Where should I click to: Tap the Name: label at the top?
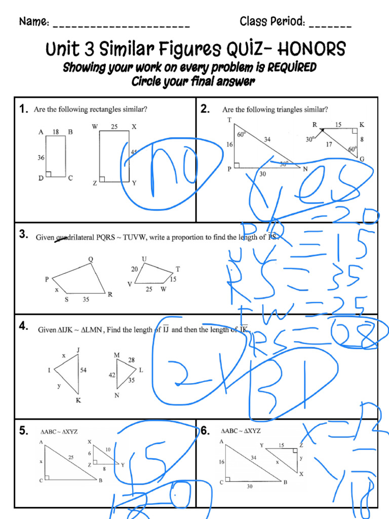tap(34, 22)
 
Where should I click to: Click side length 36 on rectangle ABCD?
tap(41, 158)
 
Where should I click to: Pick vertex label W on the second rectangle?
tap(95, 127)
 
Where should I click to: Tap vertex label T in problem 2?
tap(229, 120)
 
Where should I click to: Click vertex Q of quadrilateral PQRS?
tap(91, 259)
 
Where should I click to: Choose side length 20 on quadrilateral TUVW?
tap(134, 269)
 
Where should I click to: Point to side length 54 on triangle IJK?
tap(83, 370)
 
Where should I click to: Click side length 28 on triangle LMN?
tap(131, 359)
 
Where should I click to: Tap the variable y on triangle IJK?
tap(59, 386)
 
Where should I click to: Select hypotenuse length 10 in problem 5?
tap(108, 450)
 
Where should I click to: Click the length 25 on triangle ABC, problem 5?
tap(71, 457)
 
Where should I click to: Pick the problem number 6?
tap(205, 431)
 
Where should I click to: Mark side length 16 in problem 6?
tap(221, 462)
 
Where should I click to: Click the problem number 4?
tap(24, 326)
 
